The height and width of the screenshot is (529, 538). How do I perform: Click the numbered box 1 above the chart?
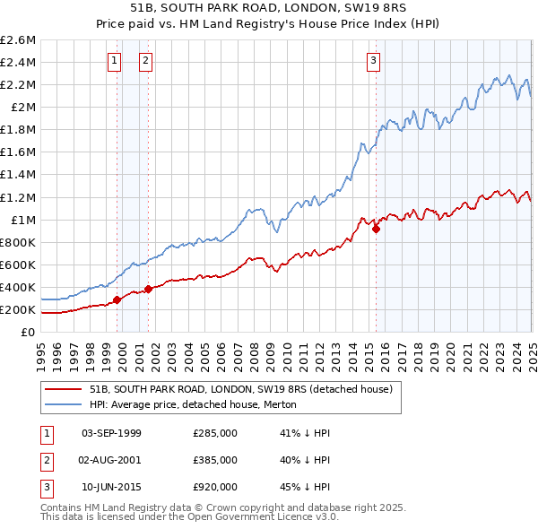click(x=115, y=61)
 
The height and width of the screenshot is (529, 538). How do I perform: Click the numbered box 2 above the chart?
click(x=145, y=61)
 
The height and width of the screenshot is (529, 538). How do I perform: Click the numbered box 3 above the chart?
click(x=372, y=61)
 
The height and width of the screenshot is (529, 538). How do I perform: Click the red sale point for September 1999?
click(x=117, y=300)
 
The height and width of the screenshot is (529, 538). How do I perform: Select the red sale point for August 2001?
click(x=148, y=289)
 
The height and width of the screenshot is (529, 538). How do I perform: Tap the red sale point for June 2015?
click(x=376, y=229)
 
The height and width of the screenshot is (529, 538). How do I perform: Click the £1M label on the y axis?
click(x=22, y=221)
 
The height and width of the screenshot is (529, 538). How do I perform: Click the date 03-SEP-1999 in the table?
click(x=111, y=433)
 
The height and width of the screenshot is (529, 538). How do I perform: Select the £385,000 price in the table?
click(x=215, y=460)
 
